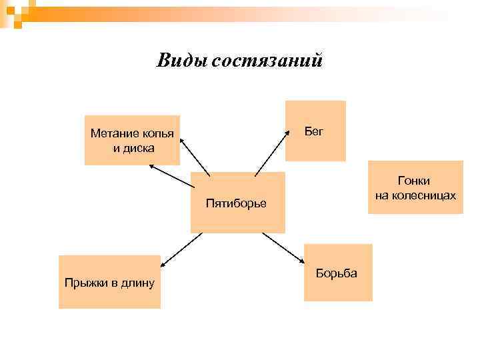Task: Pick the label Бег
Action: coord(314,131)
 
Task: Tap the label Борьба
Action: coord(337,273)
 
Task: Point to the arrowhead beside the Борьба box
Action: coord(300,260)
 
